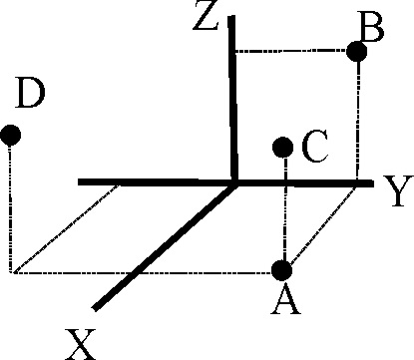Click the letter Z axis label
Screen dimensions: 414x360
pos(207,16)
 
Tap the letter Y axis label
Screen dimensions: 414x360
pos(398,190)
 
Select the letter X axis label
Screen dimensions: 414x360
pos(81,344)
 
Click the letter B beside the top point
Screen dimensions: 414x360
pos(371,27)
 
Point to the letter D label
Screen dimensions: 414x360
pos(30,93)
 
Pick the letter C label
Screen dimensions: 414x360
pos(315,147)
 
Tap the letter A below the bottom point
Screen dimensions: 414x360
pos(286,300)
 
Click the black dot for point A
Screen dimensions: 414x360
pos(282,270)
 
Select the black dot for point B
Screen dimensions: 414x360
pos(357,52)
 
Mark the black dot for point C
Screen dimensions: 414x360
pos(282,147)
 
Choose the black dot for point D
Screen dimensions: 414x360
pos(10,136)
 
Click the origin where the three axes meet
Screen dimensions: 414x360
pos(234,182)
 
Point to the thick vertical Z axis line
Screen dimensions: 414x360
pos(232,99)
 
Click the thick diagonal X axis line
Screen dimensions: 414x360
pos(165,247)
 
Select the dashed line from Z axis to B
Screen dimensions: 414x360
pos(290,51)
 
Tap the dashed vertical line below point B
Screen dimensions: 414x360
pos(358,121)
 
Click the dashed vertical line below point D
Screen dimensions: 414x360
pos(10,209)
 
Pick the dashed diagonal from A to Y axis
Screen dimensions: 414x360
pos(323,225)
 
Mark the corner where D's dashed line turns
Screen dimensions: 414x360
pos(12,272)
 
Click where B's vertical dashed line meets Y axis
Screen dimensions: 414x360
pos(357,182)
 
